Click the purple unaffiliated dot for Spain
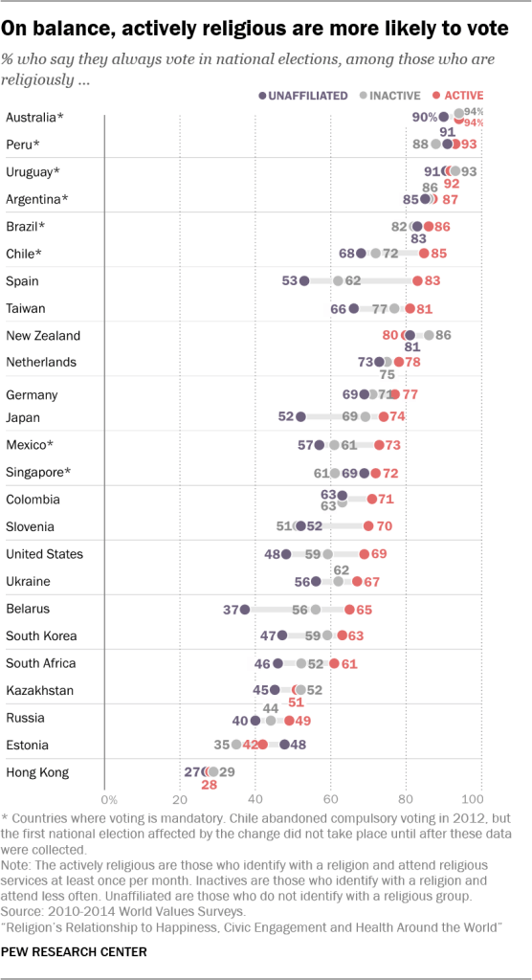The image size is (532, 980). tap(304, 281)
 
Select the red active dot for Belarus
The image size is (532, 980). tap(350, 609)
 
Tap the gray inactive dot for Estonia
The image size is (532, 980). tap(236, 745)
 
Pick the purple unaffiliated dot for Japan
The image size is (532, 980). tap(300, 416)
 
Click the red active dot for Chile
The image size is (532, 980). tap(424, 254)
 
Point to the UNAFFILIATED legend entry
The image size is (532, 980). tap(303, 96)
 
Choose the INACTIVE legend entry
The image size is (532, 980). tap(393, 96)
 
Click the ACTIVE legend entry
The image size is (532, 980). tap(458, 96)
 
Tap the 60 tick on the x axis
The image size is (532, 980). tap(330, 799)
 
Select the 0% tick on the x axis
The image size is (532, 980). tap(108, 799)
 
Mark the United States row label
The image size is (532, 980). tap(44, 554)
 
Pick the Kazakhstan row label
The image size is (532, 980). tap(40, 690)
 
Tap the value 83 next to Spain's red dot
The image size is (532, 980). tap(433, 281)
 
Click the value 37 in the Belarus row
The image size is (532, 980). tap(229, 609)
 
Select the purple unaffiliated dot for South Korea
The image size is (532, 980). tap(282, 635)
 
